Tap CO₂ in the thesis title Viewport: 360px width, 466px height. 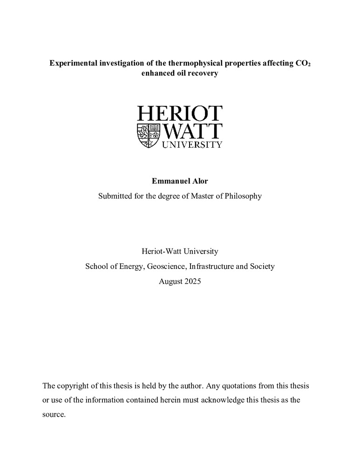303,63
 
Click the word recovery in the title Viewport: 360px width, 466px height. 203,74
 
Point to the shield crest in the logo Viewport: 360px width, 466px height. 148,136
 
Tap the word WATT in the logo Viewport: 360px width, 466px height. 192,132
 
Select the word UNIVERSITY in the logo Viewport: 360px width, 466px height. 192,145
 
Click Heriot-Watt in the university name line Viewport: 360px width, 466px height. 161,251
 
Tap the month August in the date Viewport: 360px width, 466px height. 170,281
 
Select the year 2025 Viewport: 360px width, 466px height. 192,281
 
